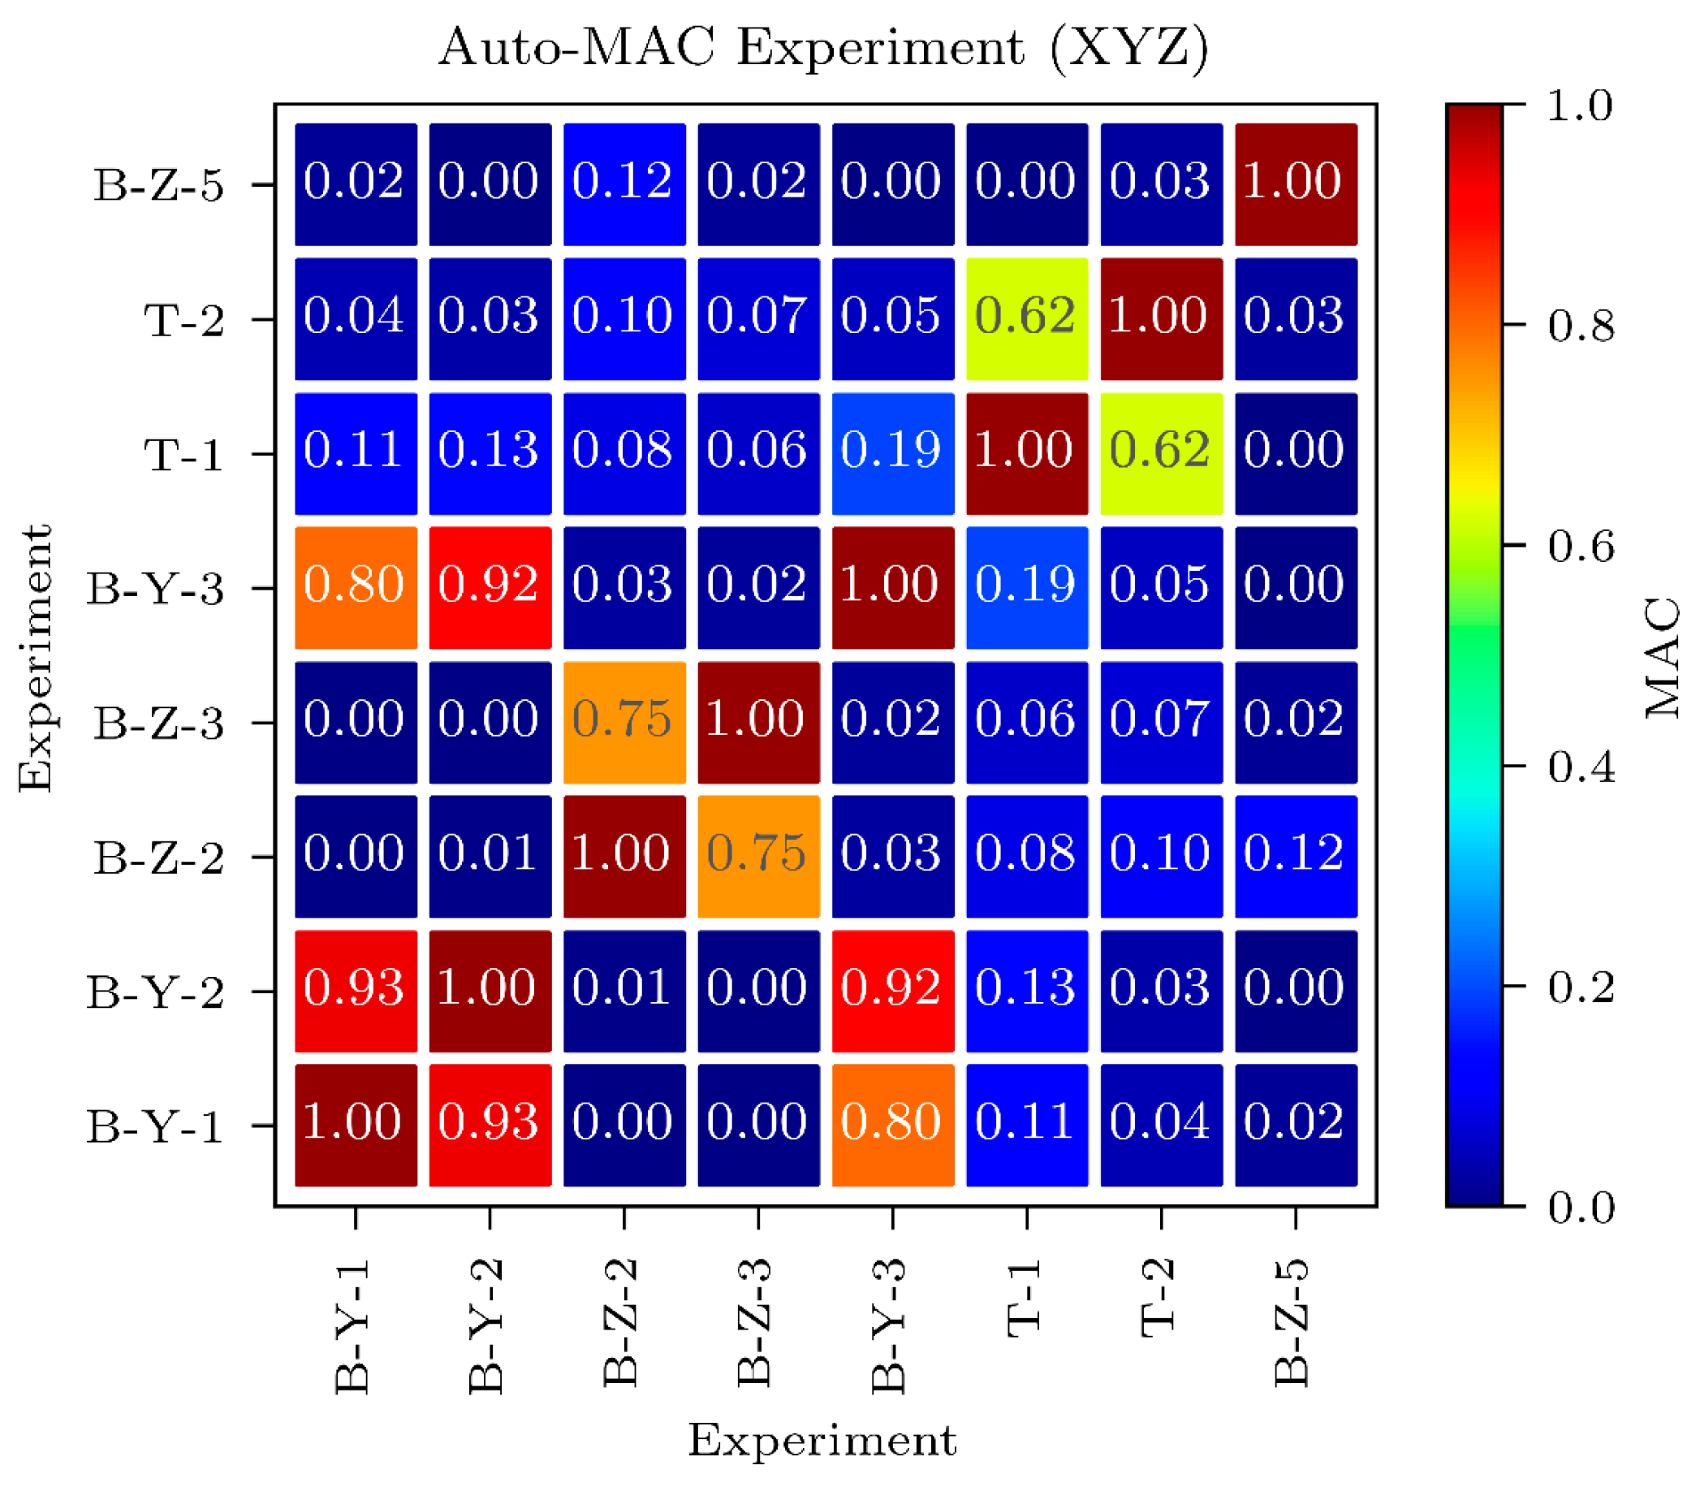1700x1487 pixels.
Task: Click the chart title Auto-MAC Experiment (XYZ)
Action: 823,47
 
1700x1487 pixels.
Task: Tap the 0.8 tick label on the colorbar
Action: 1581,326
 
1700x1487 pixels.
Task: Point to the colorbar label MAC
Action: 1662,657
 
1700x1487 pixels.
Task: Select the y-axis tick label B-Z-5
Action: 157,185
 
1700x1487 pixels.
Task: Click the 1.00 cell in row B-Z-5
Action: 1295,184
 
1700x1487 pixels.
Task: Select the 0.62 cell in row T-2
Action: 1026,318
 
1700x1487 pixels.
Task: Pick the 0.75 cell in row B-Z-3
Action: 624,722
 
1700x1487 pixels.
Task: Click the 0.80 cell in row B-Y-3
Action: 356,587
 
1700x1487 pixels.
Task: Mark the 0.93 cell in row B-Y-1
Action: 490,1126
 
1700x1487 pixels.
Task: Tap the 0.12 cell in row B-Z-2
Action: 1295,856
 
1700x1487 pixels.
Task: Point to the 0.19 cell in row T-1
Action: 893,453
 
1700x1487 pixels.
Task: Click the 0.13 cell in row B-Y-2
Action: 1026,991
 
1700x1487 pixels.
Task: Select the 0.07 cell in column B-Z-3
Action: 758,318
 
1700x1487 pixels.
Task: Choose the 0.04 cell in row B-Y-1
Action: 1161,1126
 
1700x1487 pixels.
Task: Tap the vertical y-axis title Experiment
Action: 36,657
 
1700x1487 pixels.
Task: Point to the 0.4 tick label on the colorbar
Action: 1581,767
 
